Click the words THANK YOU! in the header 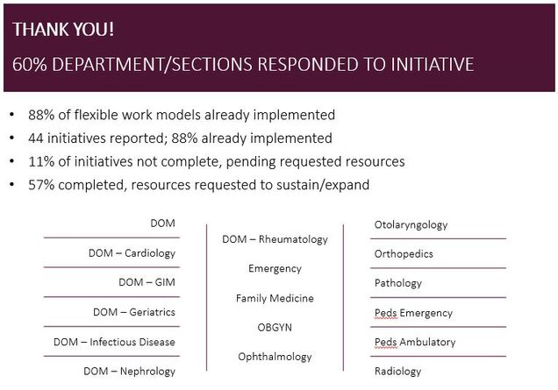click(x=63, y=29)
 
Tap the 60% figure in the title click(x=30, y=64)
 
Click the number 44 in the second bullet click(x=36, y=138)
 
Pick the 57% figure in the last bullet click(x=41, y=185)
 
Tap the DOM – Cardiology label click(x=132, y=253)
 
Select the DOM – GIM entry click(x=147, y=282)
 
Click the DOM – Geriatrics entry click(x=134, y=312)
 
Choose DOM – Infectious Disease click(x=114, y=342)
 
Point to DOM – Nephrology click(x=130, y=372)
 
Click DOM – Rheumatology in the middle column click(x=275, y=239)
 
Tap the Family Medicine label click(x=275, y=298)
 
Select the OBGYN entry click(x=275, y=328)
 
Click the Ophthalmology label click(x=275, y=357)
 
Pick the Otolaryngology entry click(x=411, y=225)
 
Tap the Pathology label click(x=398, y=283)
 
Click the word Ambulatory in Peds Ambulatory click(x=427, y=342)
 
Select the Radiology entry click(x=397, y=372)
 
